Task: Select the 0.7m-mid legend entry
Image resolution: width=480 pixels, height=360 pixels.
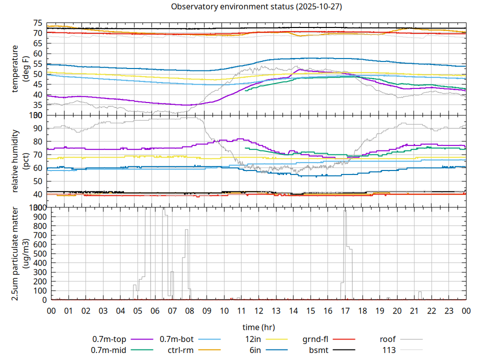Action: [109, 350]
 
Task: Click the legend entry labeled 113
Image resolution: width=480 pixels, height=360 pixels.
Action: [389, 350]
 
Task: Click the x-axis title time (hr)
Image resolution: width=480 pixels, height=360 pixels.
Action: [258, 327]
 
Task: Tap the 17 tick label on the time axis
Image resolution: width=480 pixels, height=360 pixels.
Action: [345, 311]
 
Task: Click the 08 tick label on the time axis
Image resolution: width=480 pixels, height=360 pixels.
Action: [189, 311]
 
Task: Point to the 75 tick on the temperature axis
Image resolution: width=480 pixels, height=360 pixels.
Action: [37, 23]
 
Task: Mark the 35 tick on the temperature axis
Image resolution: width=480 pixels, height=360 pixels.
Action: [37, 105]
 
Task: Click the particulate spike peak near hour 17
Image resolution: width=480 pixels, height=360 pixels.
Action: [345, 211]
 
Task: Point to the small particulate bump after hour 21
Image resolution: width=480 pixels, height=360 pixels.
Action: [420, 292]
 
